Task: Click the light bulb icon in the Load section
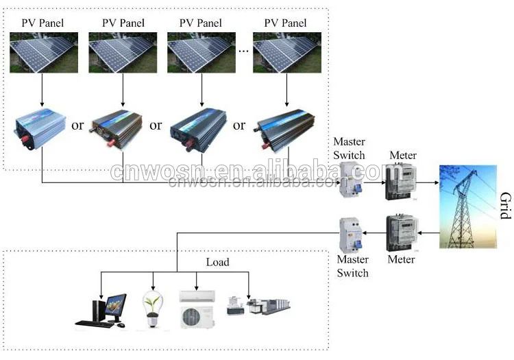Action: pos(153,306)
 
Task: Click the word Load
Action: pos(217,262)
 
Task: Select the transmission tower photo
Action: pos(468,206)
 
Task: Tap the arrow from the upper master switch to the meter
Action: pos(374,183)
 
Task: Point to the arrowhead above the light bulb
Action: pos(153,285)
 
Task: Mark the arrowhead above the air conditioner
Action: pos(197,285)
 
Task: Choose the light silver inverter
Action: pos(41,128)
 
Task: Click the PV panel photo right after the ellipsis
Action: pos(287,53)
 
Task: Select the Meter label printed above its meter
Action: pos(403,156)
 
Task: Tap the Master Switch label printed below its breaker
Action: pos(352,266)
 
